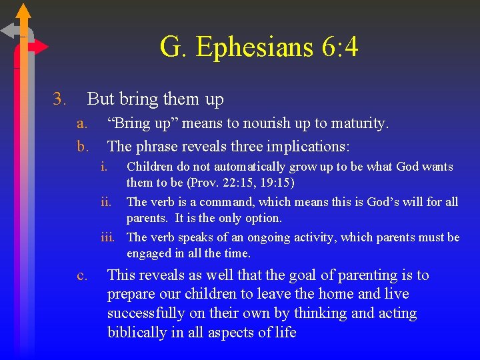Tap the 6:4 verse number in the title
tap(341, 48)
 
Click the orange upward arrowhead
tap(23, 11)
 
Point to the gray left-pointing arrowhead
tap(9, 30)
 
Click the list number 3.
tap(59, 100)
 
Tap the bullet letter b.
tap(82, 145)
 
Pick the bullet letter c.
tap(82, 275)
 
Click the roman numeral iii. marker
tap(108, 237)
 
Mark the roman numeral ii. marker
tap(107, 202)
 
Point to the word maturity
tap(357, 123)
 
